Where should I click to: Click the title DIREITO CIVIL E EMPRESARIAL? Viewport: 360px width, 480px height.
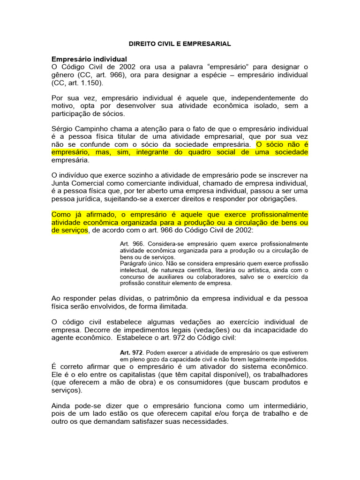180,44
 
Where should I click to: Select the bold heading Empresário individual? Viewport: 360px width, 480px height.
89,59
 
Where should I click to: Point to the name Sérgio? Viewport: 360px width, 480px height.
63,128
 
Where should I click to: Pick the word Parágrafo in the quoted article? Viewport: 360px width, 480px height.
133,263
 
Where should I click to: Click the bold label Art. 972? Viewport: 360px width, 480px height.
131,352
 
